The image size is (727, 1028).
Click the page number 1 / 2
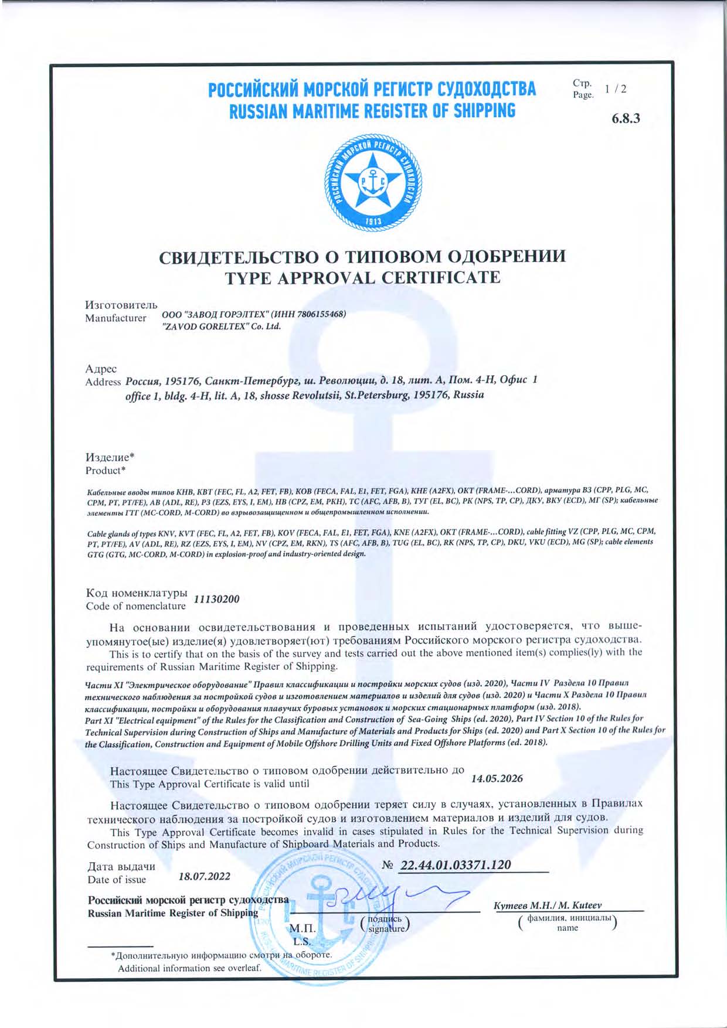(x=616, y=89)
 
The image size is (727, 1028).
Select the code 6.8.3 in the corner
(x=626, y=118)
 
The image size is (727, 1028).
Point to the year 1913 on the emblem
(x=373, y=222)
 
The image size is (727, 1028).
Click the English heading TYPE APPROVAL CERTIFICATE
(x=363, y=278)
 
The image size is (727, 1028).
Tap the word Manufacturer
(x=115, y=318)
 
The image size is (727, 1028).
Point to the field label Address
(x=103, y=382)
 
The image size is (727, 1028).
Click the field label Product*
(x=106, y=471)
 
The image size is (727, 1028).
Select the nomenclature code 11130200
(x=216, y=600)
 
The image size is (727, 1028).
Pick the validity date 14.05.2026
(x=497, y=779)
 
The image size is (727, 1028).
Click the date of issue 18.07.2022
(x=204, y=877)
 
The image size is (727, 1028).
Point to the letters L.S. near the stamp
(x=303, y=942)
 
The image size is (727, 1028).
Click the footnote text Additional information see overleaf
(x=189, y=968)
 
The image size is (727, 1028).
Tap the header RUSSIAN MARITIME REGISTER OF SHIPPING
(x=372, y=111)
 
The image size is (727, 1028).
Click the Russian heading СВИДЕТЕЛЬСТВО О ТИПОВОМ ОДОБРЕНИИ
(x=363, y=257)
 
